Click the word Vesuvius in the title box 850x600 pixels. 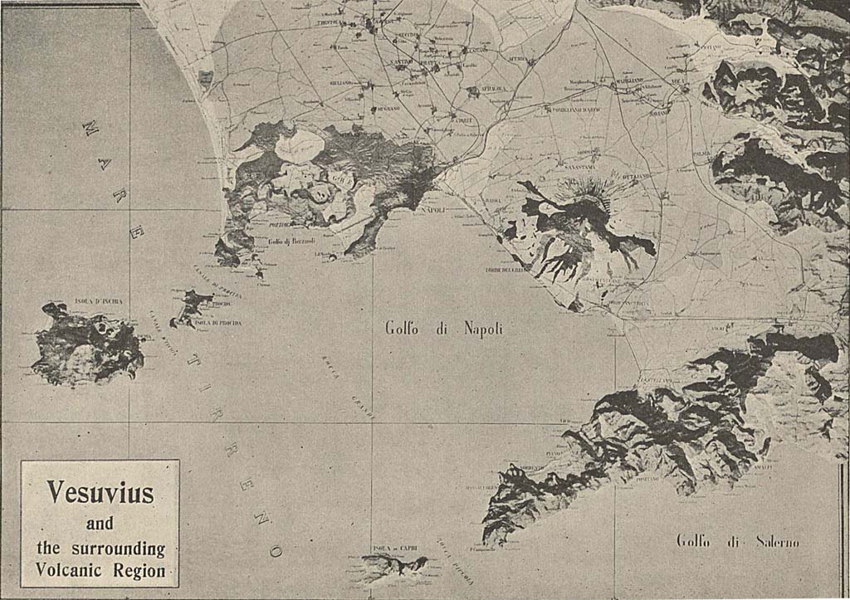[100, 493]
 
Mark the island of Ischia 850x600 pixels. [86, 345]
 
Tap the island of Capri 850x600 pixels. [393, 567]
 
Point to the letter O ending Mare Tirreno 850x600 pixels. [275, 550]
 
